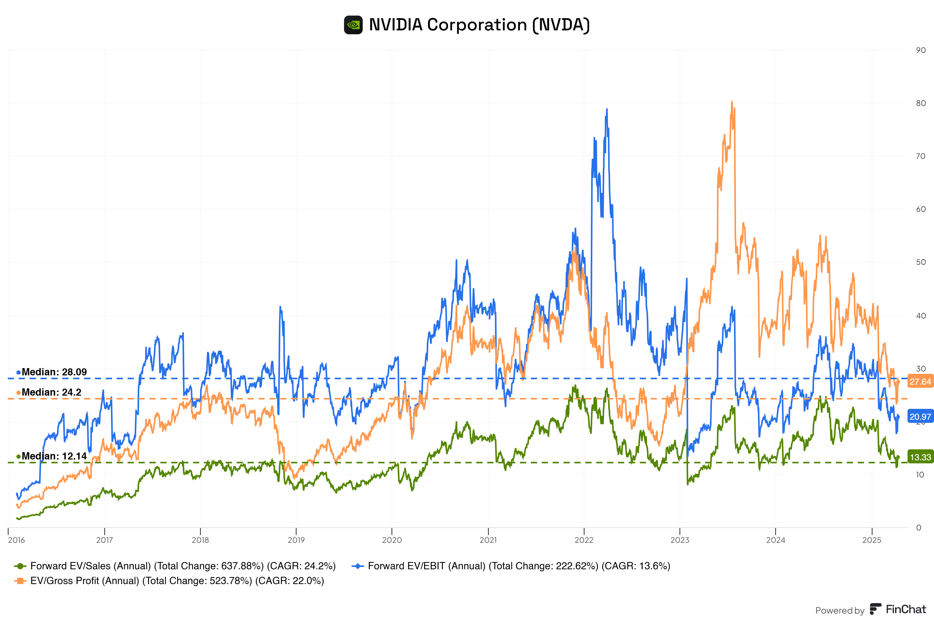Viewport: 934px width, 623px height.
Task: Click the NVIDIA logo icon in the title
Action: (353, 25)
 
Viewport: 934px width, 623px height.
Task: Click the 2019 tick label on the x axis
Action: (296, 540)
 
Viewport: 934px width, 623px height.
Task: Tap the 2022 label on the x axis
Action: (584, 540)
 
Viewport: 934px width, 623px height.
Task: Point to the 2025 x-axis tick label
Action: (872, 540)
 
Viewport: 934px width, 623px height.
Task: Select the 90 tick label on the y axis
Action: (921, 50)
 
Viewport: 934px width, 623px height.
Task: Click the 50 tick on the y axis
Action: (921, 262)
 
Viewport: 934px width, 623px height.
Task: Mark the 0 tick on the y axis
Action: (918, 528)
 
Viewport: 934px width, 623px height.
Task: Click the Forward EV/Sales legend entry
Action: (175, 566)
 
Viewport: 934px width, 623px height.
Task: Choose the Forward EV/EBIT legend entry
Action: (511, 566)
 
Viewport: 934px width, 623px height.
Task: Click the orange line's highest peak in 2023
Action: (732, 102)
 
